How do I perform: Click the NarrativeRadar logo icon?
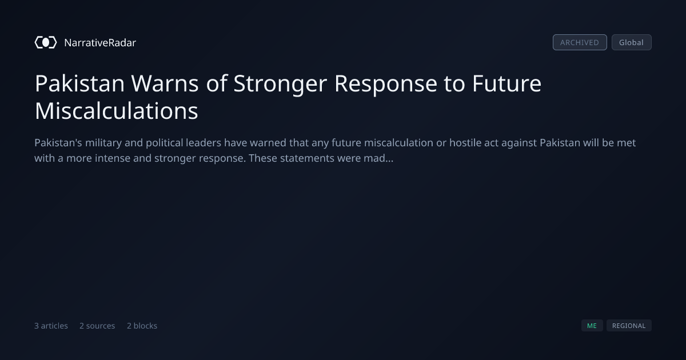tap(46, 42)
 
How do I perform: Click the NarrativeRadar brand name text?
tap(100, 43)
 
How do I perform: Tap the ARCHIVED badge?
tap(580, 42)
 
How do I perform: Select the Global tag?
tap(632, 42)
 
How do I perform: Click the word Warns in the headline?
tap(165, 83)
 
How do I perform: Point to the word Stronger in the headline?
tap(280, 84)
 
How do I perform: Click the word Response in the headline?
tap(385, 84)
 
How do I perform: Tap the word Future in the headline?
tap(507, 83)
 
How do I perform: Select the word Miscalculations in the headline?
tap(117, 111)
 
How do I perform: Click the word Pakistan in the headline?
tap(79, 83)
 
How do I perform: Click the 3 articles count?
tap(51, 326)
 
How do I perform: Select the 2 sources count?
tap(97, 326)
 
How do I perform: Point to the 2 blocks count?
tap(142, 326)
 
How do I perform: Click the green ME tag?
tap(592, 326)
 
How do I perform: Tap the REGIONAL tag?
tap(629, 326)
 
